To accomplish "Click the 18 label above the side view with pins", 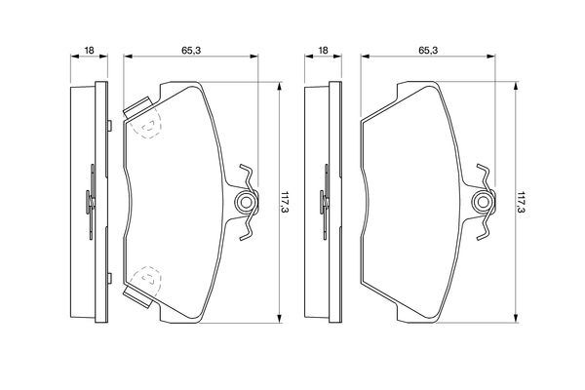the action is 89,50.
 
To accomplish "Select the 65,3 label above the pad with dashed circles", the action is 191,50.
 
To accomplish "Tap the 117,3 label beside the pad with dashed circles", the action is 286,203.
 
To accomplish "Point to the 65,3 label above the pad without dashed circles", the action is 428,50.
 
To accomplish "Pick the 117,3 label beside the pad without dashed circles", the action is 522,203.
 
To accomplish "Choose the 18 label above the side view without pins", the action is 323,50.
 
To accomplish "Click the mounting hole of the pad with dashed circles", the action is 245,202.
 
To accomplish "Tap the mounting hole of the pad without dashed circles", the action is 483,202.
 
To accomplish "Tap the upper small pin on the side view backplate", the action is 109,126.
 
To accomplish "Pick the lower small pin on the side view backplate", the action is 109,279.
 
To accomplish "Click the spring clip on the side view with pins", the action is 91,202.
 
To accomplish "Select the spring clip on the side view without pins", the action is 325,202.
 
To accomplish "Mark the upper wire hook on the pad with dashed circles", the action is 247,176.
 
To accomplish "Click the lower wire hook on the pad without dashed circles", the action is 485,227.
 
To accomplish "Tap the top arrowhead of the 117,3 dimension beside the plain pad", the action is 516,86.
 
